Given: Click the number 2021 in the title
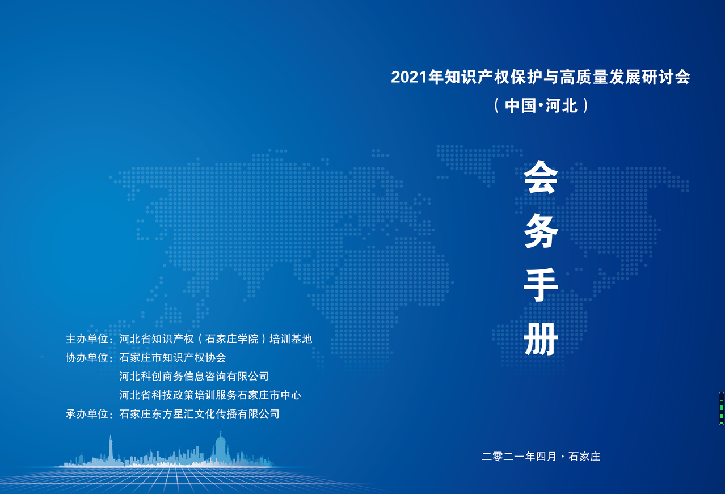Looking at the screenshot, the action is [409, 77].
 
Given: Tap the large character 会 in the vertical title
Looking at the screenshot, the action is [541, 178].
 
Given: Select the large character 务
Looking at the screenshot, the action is [541, 231].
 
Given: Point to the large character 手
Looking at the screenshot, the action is [541, 285].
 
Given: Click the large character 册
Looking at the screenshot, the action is [541, 339].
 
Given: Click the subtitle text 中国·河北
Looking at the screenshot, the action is [541, 106].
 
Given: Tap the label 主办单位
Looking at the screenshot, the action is [87, 339].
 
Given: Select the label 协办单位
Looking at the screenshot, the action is [87, 358].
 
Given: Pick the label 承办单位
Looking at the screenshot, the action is [87, 414].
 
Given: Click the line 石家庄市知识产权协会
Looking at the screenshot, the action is [172, 358].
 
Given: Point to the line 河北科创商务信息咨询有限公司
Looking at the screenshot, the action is [194, 377].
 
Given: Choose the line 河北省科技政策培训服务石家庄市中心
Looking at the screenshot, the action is [210, 395].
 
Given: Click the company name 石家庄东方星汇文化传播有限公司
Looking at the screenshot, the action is [199, 414].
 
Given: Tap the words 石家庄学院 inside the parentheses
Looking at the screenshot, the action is [232, 339].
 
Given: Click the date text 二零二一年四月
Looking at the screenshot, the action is [519, 457].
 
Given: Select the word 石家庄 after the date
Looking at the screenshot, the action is [584, 457].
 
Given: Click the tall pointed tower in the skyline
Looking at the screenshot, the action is [111, 449].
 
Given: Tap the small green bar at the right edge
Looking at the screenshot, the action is [722, 409].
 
